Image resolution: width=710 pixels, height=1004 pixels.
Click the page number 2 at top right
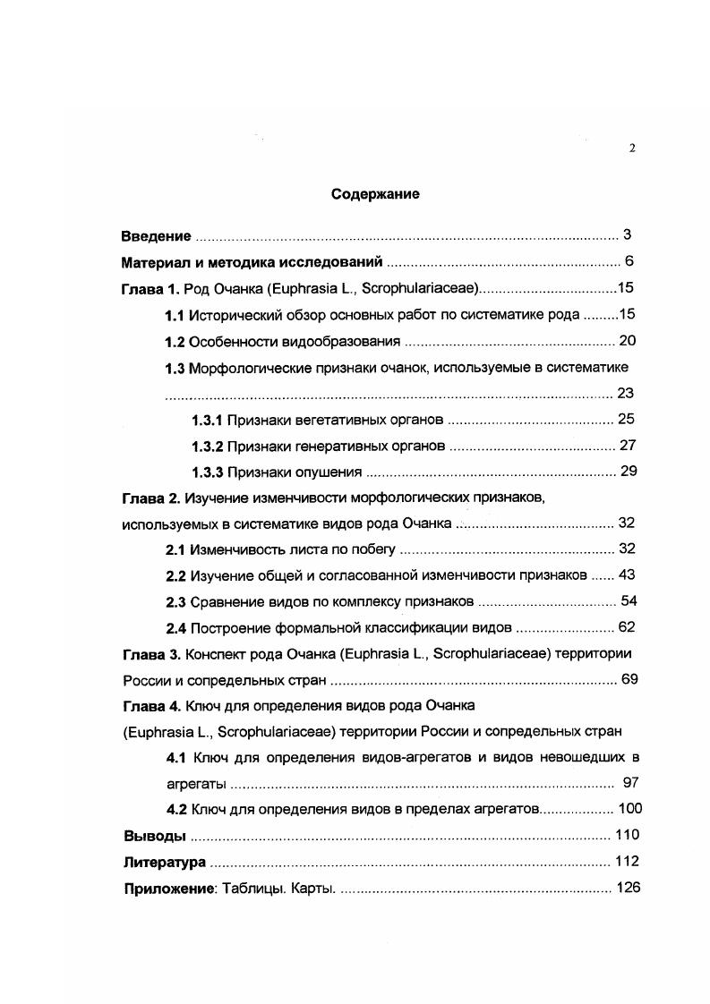click(632, 149)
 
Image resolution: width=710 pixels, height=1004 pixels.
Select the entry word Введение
click(156, 236)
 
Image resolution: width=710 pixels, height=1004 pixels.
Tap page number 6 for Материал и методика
click(629, 262)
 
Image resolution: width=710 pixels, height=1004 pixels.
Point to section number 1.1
click(175, 314)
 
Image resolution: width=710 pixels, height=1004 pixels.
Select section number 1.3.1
click(207, 419)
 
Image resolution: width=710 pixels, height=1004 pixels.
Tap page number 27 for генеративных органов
click(627, 446)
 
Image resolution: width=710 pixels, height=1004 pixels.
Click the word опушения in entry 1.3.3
click(332, 472)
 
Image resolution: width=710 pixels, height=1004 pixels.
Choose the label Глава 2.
click(151, 498)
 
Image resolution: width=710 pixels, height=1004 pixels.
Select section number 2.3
click(175, 601)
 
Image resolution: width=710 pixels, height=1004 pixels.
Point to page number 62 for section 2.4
click(627, 627)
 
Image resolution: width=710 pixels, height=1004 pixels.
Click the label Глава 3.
click(151, 654)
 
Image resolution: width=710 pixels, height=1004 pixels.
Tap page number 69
click(629, 680)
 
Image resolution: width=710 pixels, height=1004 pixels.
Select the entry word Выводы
click(153, 836)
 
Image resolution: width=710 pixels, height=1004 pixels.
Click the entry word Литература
click(164, 863)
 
